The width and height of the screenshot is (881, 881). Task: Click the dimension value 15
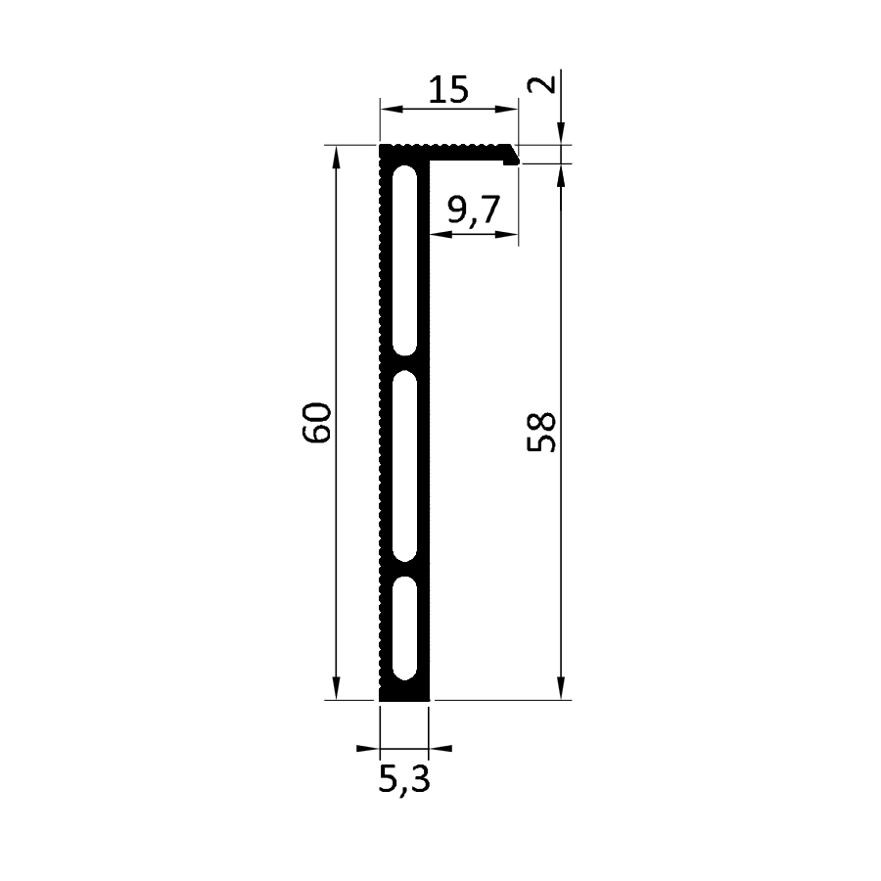[448, 90]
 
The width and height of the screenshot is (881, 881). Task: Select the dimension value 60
[317, 423]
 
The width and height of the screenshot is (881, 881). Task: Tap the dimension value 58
[541, 432]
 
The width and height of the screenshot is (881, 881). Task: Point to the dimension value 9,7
[474, 209]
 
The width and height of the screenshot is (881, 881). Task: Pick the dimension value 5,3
[404, 779]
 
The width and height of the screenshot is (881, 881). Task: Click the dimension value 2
[541, 84]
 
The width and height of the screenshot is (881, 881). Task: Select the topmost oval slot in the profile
[404, 260]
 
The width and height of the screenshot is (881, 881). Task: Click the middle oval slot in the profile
[404, 466]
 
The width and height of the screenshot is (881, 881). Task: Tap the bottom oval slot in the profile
[404, 628]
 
